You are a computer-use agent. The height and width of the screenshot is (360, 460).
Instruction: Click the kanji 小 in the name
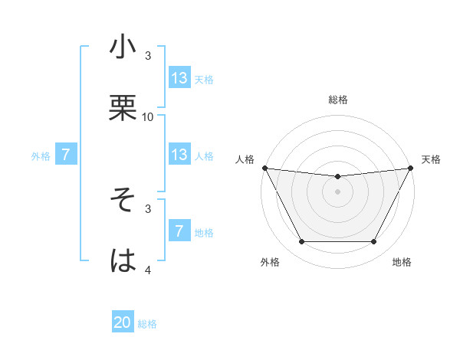pos(123,47)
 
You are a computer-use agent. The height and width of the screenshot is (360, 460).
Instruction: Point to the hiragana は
pos(123,260)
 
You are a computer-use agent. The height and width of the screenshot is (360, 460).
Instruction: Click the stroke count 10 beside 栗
pos(148,116)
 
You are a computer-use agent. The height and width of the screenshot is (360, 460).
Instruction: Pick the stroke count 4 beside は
pos(148,270)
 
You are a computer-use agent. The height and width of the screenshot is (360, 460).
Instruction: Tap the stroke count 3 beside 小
pos(148,56)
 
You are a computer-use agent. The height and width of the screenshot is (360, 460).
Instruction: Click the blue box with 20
pos(123,323)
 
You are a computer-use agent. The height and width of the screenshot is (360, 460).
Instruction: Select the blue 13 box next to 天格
pos(179,78)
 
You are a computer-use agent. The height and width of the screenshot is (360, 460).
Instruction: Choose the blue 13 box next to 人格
pos(179,155)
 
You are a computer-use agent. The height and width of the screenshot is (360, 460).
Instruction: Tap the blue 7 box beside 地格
pos(179,231)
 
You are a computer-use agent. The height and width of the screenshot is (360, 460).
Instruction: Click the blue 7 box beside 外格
pos(66,155)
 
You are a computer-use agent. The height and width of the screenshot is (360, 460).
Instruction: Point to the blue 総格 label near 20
pos(147,324)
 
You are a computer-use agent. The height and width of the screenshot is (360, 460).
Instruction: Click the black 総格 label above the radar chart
pos(338,100)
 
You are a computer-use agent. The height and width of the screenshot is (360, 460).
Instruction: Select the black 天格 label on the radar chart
pos(432,159)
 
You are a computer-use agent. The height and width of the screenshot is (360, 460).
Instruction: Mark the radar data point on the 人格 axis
pos(264,168)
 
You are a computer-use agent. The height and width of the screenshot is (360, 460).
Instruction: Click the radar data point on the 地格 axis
pos(374,242)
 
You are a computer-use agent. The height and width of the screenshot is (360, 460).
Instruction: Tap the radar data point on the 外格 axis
pos(301,242)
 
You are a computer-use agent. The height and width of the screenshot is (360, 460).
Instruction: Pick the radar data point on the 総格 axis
pos(338,177)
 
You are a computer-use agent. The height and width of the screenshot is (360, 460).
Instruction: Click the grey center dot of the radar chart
pos(338,191)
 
